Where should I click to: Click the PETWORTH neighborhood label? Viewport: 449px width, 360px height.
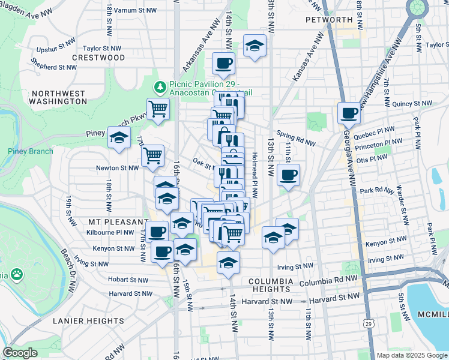328,20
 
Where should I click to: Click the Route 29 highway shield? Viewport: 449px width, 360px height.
366,323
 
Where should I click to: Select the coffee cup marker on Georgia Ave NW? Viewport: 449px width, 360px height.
349,112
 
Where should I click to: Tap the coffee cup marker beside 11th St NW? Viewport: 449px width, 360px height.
289,175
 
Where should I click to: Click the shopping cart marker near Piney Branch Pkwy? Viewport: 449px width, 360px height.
158,109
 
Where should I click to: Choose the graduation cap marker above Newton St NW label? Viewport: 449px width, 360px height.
119,137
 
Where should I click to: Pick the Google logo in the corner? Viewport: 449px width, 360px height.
20,353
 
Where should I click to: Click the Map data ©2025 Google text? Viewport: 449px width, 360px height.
412,356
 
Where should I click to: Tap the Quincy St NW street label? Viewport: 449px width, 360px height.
412,104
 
